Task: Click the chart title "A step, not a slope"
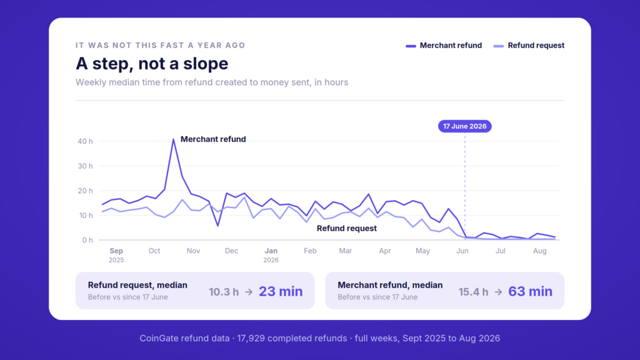tap(152, 64)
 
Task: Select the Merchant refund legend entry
tap(444, 45)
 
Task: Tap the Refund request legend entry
tap(529, 45)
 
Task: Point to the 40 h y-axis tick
tap(85, 141)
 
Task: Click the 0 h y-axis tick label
tap(87, 240)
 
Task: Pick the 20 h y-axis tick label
tap(85, 191)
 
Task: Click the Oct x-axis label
tap(154, 251)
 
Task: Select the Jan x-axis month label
tap(271, 251)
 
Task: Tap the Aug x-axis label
tap(539, 251)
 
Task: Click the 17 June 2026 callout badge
tap(465, 126)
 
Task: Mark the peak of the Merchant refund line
tap(174, 139)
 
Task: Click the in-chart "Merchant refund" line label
tap(213, 139)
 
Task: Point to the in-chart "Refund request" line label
tap(346, 228)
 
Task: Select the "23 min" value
tap(281, 291)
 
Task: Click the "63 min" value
tap(530, 291)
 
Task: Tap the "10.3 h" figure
tap(224, 292)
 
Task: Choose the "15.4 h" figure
tap(473, 292)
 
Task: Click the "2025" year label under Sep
tap(116, 260)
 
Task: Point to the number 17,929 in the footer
tap(251, 338)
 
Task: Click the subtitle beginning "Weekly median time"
tap(212, 82)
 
